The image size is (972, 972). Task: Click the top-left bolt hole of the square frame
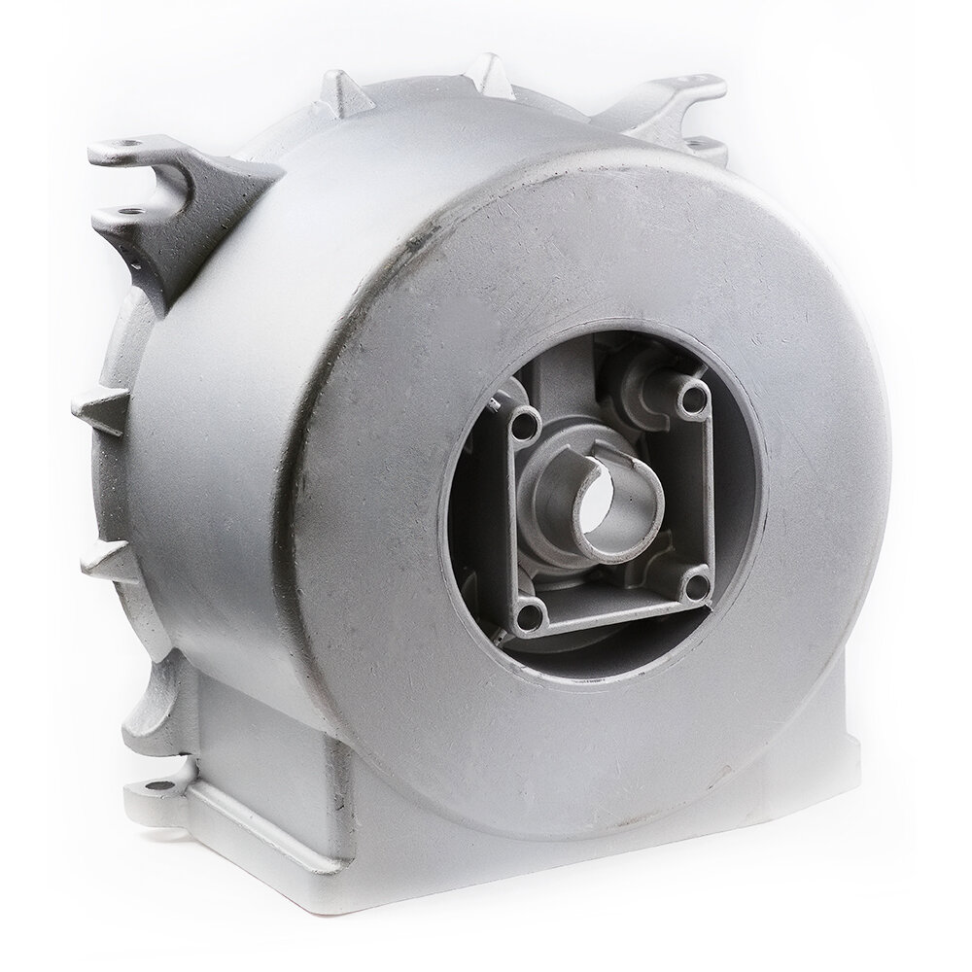[x=525, y=422]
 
